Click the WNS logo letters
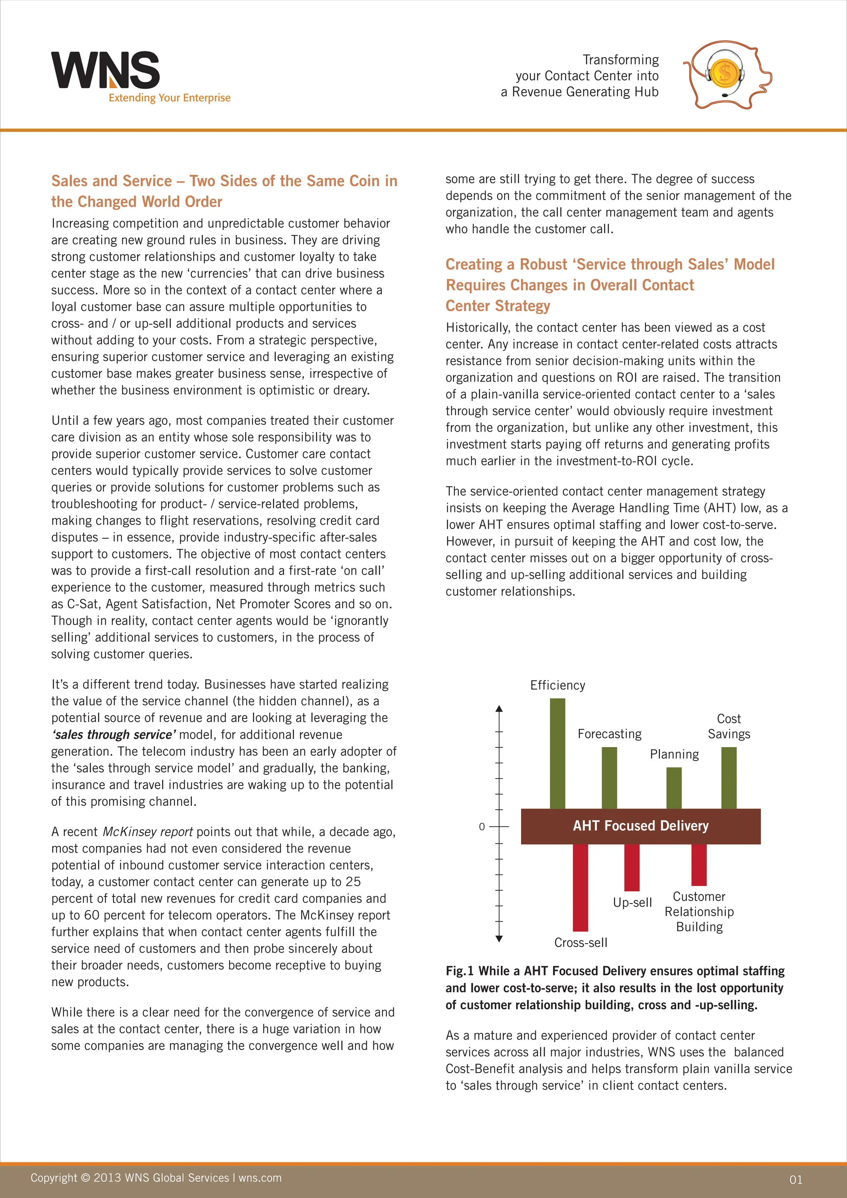104,70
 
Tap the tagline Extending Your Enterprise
169,98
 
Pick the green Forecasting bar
609,777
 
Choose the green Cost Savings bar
729,777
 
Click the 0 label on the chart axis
482,827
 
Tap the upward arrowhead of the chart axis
499,709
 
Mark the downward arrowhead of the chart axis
499,939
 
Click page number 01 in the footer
795,1180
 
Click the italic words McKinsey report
148,832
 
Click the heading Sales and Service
111,181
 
